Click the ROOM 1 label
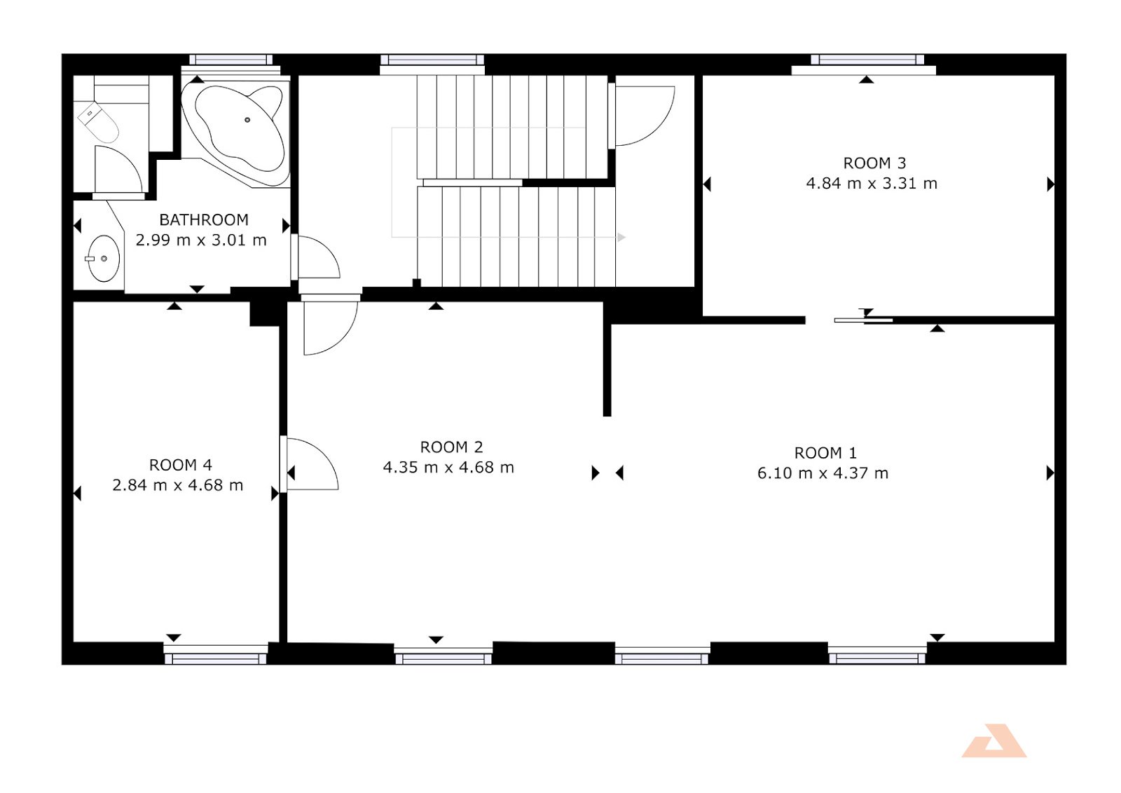click(x=825, y=454)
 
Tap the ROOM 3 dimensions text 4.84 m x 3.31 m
click(x=872, y=184)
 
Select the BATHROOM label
click(x=204, y=220)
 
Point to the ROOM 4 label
click(x=180, y=466)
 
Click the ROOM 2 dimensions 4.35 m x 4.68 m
click(x=448, y=468)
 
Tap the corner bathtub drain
click(x=247, y=120)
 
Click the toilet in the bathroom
click(x=97, y=122)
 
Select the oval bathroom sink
click(x=104, y=259)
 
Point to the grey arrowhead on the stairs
click(x=621, y=238)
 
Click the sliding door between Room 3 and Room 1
click(x=863, y=320)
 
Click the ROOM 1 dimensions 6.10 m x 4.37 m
click(x=823, y=473)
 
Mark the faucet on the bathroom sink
click(x=90, y=259)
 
